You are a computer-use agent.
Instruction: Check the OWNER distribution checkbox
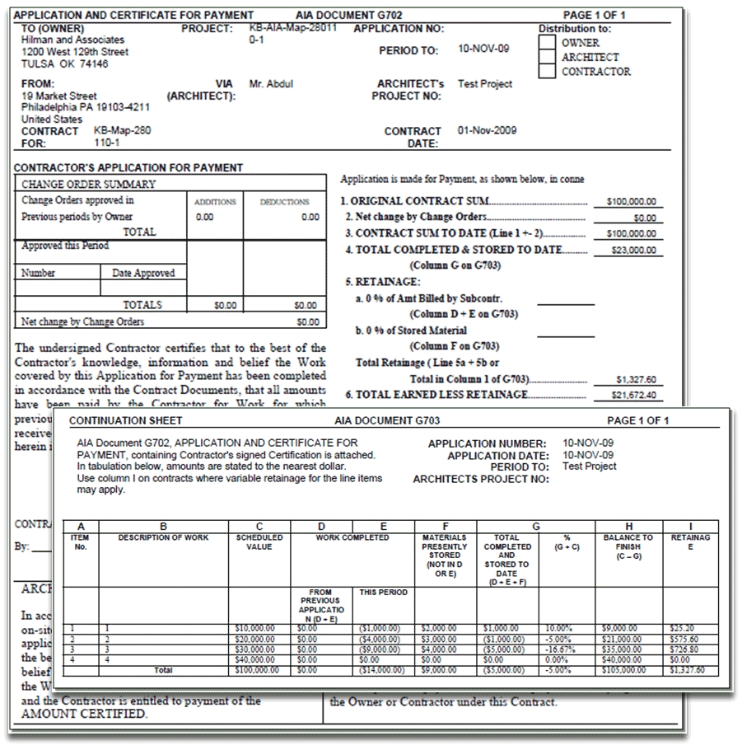tap(548, 42)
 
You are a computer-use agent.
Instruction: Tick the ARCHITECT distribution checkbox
tap(548, 57)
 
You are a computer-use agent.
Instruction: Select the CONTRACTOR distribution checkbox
tap(548, 71)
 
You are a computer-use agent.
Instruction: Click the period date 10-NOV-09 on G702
tap(483, 49)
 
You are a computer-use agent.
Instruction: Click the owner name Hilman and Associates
tap(72, 40)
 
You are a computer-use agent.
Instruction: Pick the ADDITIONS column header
tap(215, 202)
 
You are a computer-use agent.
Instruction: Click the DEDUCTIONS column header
tap(284, 202)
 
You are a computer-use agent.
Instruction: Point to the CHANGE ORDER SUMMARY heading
tap(88, 185)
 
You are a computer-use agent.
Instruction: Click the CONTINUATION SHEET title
tap(119, 420)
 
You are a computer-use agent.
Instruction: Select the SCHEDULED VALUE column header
tap(259, 541)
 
